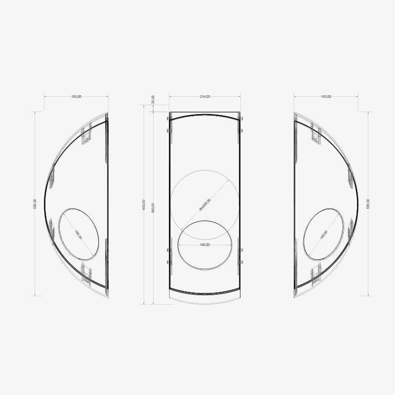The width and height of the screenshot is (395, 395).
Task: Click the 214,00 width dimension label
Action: [x=204, y=97]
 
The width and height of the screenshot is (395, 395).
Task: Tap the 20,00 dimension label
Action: [x=153, y=100]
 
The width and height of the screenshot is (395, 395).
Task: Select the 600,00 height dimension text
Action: [x=143, y=205]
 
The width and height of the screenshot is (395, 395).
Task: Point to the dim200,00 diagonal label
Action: [x=205, y=204]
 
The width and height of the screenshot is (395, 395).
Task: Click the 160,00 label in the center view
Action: [x=204, y=244]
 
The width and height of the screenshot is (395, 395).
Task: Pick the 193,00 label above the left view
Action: [x=76, y=97]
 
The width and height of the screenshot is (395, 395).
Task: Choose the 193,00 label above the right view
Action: [x=325, y=97]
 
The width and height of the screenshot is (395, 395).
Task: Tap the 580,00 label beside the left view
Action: [x=35, y=204]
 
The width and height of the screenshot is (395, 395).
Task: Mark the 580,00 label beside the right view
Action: [x=368, y=204]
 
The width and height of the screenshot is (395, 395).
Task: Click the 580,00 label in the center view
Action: [x=154, y=207]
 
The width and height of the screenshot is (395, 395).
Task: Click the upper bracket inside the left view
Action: [x=87, y=134]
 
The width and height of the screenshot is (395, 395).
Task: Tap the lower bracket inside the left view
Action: [x=87, y=275]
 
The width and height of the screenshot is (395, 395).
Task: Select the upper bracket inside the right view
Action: [x=315, y=134]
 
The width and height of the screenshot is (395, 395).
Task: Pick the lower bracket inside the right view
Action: [x=315, y=275]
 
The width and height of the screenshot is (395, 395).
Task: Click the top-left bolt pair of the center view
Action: [x=168, y=124]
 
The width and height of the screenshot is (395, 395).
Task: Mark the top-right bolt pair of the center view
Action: [x=241, y=124]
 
